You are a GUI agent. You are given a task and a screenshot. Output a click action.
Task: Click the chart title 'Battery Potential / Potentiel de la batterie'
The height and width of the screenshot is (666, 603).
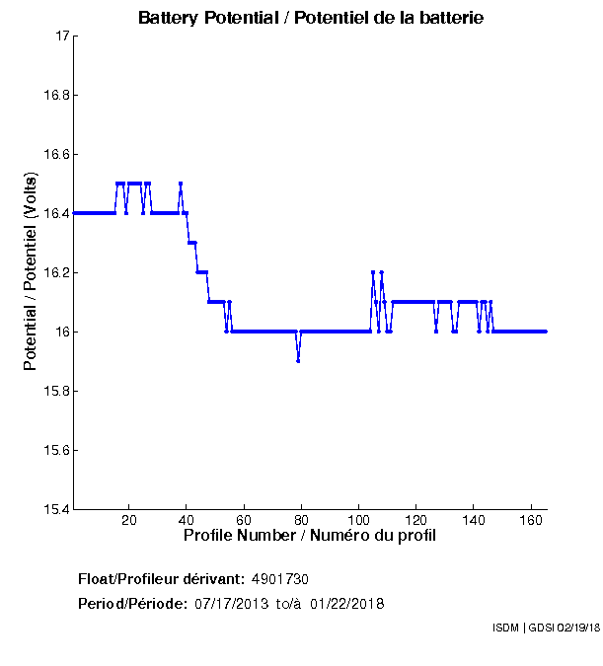click(310, 18)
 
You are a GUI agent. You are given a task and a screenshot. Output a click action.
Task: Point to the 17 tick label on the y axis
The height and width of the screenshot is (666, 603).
click(60, 37)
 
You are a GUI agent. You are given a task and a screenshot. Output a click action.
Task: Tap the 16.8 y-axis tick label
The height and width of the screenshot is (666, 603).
click(54, 96)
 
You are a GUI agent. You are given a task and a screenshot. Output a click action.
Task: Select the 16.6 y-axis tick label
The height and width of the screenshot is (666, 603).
click(54, 155)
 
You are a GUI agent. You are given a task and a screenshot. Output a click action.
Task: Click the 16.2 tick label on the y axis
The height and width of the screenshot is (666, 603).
click(54, 273)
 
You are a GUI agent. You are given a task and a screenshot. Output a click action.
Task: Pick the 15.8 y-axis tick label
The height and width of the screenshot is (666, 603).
click(54, 392)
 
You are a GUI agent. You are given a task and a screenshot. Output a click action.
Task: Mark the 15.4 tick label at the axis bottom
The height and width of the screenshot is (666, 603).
click(54, 510)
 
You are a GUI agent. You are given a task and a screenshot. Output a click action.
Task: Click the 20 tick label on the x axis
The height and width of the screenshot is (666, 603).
click(129, 520)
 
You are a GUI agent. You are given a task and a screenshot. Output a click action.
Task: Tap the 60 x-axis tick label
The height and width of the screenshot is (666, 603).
click(244, 520)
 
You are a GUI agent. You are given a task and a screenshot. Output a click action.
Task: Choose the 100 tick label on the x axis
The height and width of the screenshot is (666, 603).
click(359, 520)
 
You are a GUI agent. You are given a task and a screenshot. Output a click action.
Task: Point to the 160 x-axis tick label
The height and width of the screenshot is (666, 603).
click(532, 520)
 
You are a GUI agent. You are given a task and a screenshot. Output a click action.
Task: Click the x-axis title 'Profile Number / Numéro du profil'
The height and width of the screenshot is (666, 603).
click(310, 536)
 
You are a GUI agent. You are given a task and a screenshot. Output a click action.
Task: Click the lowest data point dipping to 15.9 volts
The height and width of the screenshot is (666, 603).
click(298, 360)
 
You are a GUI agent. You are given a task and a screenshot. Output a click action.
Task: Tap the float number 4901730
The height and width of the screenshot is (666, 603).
click(287, 578)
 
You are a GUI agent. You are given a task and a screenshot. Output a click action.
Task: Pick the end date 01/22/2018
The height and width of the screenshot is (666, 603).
click(346, 603)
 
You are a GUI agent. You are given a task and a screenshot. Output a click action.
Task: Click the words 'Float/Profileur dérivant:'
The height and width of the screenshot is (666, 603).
click(161, 578)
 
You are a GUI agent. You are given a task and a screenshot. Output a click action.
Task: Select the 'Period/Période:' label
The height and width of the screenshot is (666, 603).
click(132, 603)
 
